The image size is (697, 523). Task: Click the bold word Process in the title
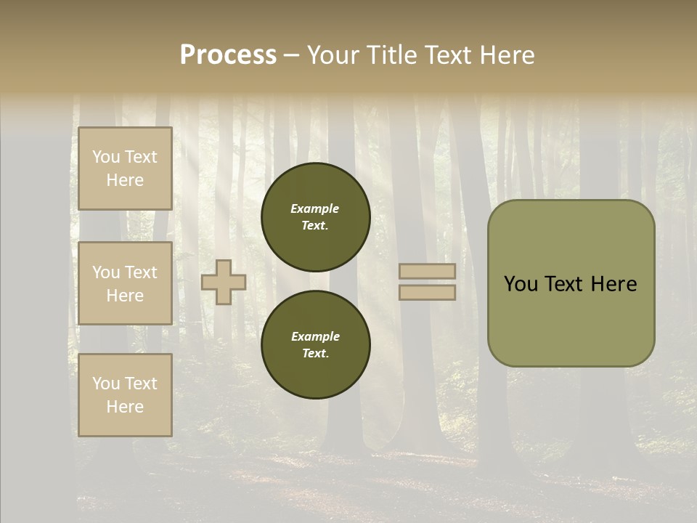click(x=228, y=55)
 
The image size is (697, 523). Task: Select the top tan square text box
click(x=125, y=169)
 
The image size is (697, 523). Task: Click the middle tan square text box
click(x=125, y=283)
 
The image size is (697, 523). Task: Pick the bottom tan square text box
click(x=125, y=395)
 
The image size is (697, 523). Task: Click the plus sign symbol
click(x=224, y=282)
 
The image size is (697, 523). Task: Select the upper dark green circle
click(x=315, y=217)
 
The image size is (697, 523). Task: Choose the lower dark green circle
click(x=315, y=345)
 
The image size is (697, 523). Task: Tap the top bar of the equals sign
click(x=427, y=272)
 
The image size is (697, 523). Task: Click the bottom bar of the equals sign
click(x=427, y=292)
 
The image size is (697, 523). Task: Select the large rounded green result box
click(x=571, y=283)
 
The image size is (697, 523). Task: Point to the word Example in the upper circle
click(x=315, y=208)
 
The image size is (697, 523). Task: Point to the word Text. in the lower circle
click(x=315, y=354)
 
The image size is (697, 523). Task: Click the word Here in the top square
click(x=125, y=180)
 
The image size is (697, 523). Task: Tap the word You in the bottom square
click(x=105, y=384)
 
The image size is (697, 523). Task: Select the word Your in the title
click(x=333, y=55)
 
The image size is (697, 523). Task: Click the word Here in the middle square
click(x=125, y=296)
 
